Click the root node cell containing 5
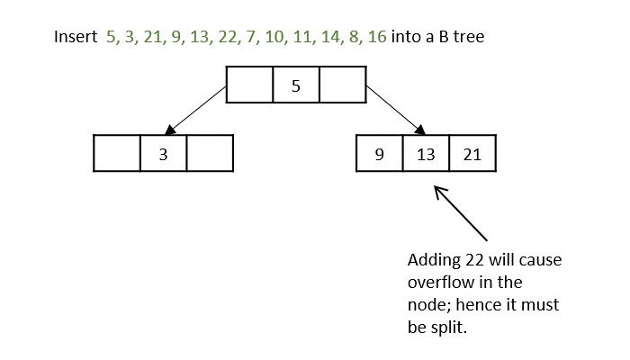tap(296, 86)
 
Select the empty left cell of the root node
tap(249, 86)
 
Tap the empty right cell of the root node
tap(342, 86)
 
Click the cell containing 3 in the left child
tap(163, 154)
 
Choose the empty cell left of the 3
tap(117, 154)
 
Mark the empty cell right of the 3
tap(210, 154)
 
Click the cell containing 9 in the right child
tap(380, 154)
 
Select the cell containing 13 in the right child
tap(426, 154)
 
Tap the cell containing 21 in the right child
tap(472, 154)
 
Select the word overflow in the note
tap(442, 282)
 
